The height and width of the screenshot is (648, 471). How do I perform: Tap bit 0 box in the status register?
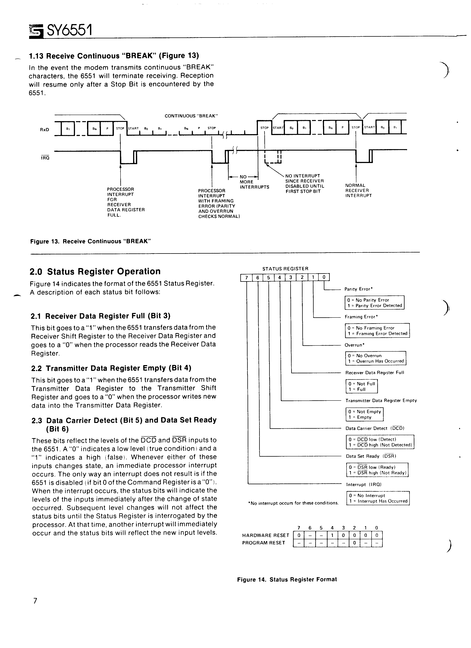pos(324,277)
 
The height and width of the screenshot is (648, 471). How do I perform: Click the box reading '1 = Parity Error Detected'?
pos(375,305)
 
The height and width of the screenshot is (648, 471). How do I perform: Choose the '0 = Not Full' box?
pos(361,384)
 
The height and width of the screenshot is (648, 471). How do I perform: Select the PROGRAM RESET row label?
pos(264,543)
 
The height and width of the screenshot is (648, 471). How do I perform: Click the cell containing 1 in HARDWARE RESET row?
pos(332,535)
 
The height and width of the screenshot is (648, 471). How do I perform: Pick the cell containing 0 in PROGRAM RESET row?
pos(355,543)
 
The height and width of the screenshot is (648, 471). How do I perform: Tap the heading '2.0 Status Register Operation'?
pos(95,271)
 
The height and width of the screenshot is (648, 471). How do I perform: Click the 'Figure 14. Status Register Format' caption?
pos(287,579)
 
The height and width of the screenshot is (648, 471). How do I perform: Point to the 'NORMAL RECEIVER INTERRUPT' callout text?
pos(358,191)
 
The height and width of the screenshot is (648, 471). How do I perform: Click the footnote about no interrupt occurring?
pos(293,503)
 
